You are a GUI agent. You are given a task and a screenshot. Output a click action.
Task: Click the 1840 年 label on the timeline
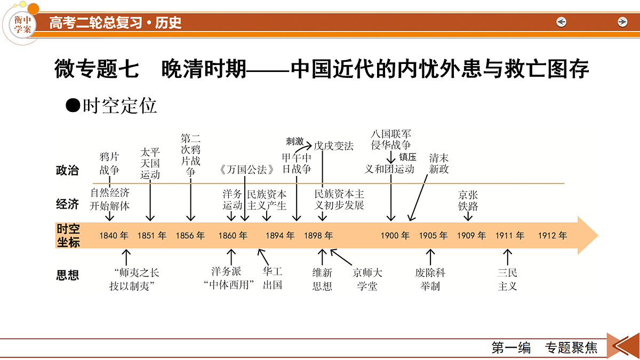pos(114,236)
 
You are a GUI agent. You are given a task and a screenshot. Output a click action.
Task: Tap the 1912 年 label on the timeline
pos(553,236)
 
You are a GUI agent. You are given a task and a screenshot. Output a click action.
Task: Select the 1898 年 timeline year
pos(318,236)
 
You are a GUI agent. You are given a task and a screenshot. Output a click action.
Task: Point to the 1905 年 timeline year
pos(433,236)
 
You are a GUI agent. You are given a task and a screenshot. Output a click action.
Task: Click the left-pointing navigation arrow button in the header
pos(561,22)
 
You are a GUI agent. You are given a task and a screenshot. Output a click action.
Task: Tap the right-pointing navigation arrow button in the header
pos(622,22)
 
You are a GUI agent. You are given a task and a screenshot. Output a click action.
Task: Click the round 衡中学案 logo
pos(22,25)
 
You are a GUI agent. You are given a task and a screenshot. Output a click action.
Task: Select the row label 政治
pos(67,171)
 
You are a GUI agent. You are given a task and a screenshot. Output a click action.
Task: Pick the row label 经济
pos(67,204)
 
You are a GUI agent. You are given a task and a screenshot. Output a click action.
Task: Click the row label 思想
pos(67,275)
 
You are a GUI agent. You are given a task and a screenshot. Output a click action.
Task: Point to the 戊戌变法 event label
pos(333,146)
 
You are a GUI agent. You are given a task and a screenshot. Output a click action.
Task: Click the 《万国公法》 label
pos(246,170)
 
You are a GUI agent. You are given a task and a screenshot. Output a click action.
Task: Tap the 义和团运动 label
pos(389,169)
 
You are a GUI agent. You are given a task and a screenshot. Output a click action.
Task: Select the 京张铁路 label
pos(468,201)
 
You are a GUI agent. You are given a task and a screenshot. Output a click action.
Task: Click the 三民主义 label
pos(507,279)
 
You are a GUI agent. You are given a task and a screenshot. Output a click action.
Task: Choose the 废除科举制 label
pos(430,279)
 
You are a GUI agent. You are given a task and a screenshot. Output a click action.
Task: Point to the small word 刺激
pos(294,141)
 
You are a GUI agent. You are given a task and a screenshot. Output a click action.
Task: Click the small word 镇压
pos(407,157)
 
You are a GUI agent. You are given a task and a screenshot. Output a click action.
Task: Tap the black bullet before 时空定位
pos(73,106)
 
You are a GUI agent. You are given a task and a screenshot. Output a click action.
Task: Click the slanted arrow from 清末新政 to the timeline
pos(418,198)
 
